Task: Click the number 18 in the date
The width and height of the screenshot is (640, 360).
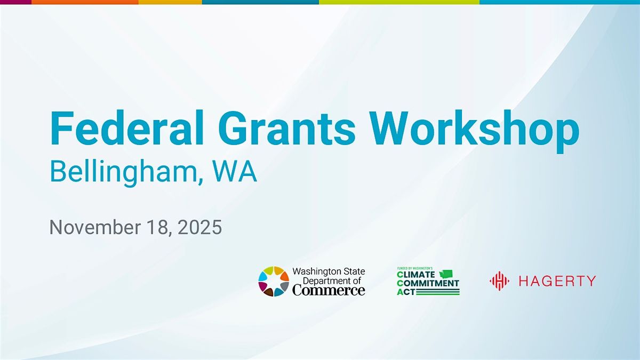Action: click(x=153, y=228)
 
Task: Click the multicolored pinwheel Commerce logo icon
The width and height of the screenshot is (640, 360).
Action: click(x=274, y=281)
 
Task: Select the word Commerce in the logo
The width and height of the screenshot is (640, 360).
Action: click(x=329, y=290)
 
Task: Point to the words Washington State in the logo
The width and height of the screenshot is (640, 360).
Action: click(x=329, y=271)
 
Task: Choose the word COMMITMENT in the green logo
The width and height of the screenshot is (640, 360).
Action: click(x=428, y=283)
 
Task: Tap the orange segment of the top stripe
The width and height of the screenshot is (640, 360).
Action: click(x=85, y=2)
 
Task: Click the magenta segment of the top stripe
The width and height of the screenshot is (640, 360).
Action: click(x=15, y=2)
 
